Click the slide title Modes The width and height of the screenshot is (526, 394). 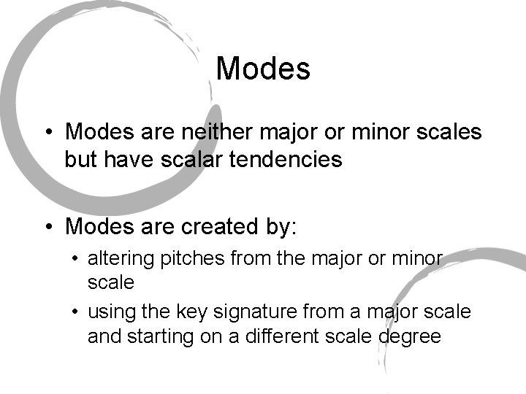click(263, 69)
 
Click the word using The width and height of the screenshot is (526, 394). click(108, 312)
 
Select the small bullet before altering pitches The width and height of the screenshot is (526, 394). click(76, 258)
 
